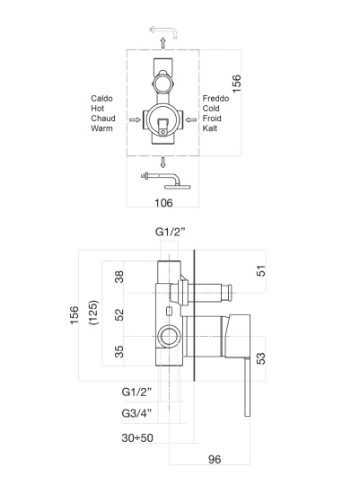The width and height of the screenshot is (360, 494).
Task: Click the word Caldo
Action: pos(101,99)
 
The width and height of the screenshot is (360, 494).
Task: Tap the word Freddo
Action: pos(215,99)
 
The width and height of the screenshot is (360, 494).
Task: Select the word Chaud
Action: pos(103,119)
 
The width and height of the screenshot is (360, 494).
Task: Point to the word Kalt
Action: pos(210,128)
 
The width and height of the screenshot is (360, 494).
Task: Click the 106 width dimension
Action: pos(163,203)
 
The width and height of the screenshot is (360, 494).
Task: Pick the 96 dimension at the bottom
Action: pos(215,459)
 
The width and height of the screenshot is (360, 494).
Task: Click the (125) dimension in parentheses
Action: pos(94,313)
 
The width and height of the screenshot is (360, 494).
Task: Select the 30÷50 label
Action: pos(137,438)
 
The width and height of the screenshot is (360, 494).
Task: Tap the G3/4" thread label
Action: pos(136,413)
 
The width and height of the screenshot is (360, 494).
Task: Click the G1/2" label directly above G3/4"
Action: pos(136,392)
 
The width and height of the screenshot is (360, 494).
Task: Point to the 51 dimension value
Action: pos(261,271)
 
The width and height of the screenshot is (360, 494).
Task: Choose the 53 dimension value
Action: pos(261,358)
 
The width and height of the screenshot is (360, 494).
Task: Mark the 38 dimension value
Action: pos(119,277)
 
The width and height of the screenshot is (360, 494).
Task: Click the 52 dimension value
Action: pos(119,314)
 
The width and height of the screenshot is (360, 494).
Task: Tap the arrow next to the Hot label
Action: pos(136,119)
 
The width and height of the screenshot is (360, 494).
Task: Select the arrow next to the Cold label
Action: pos(191,119)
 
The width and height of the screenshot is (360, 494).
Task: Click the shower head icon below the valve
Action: pos(166,181)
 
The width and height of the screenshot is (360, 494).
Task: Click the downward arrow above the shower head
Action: pos(162,163)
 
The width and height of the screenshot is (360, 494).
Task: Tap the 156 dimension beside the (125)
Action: pos(74,314)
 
